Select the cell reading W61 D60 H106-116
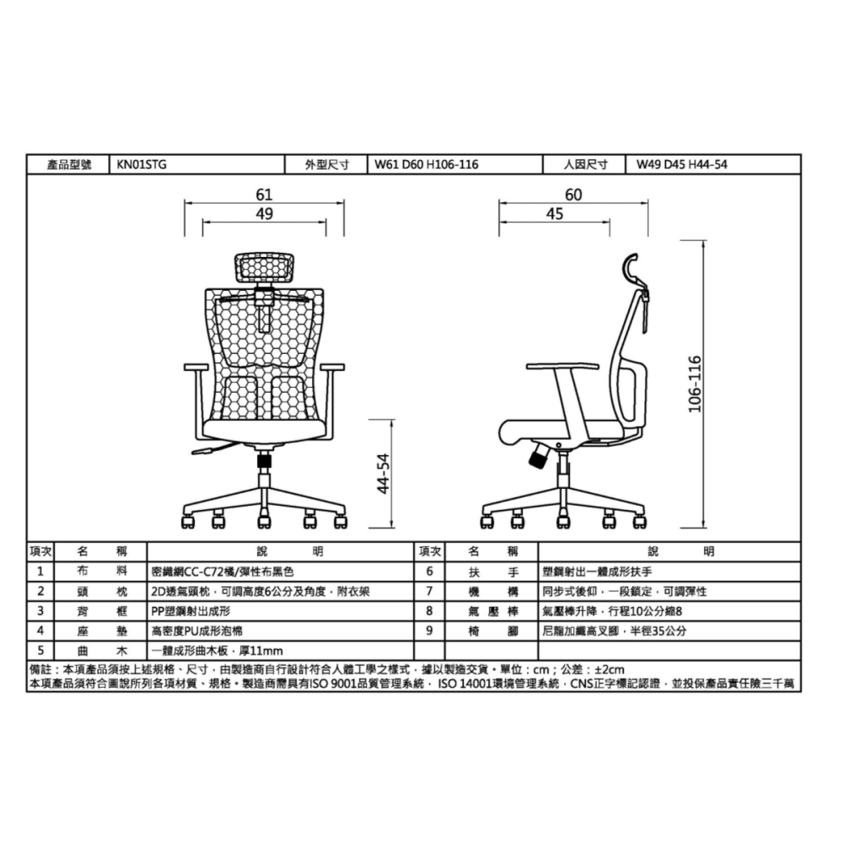coord(426,165)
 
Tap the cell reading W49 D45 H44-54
coord(681,165)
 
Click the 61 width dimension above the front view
coord(265,196)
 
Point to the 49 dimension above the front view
coord(265,215)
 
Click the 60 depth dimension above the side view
coord(573,195)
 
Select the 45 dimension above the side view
coord(554,215)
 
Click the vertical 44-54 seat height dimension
coord(384,474)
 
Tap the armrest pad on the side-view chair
coord(561,367)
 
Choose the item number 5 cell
coord(40,650)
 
